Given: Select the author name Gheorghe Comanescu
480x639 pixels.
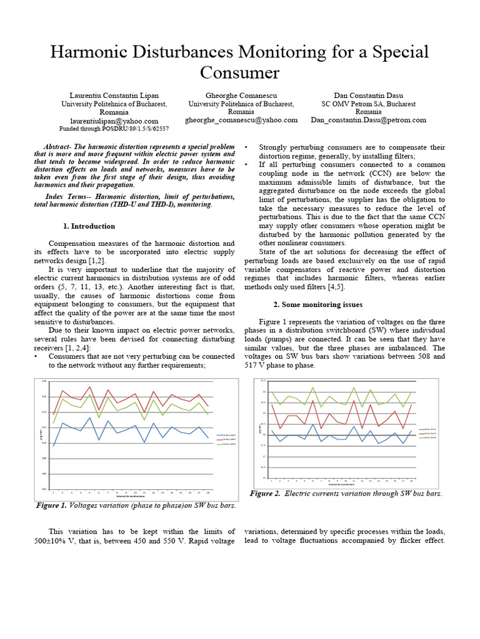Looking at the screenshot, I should pos(241,94).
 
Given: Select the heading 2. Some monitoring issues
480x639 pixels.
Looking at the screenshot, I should pos(318,305).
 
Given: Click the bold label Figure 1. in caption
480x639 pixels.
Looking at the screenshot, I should pos(51,505).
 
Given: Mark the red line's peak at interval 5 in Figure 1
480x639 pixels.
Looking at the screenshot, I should pos(91,386).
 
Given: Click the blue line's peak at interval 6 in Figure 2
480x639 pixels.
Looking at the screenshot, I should pos(312,424).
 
